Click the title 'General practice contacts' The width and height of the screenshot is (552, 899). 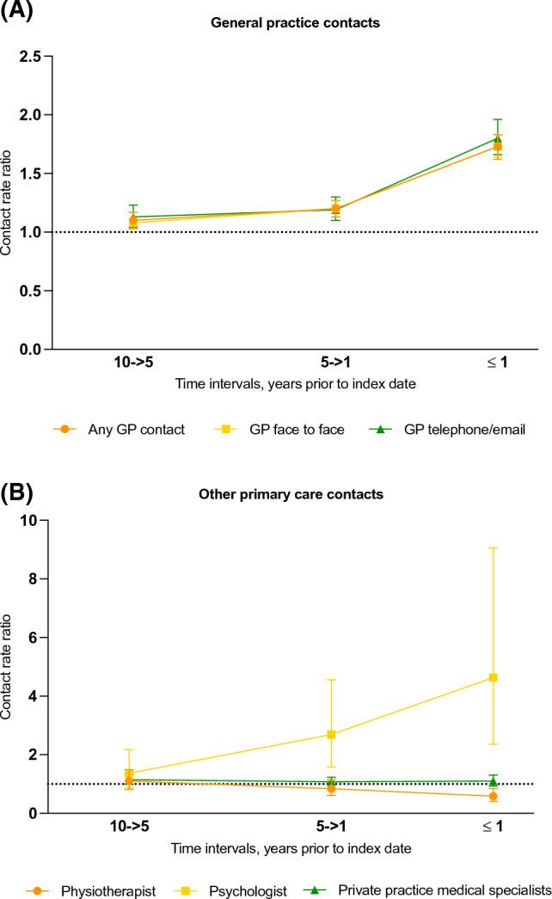tap(295, 23)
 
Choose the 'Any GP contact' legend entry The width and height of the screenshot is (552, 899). tap(136, 430)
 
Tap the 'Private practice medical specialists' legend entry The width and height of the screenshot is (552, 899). tap(451, 891)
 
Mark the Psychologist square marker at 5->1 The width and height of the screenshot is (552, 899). tap(332, 734)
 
